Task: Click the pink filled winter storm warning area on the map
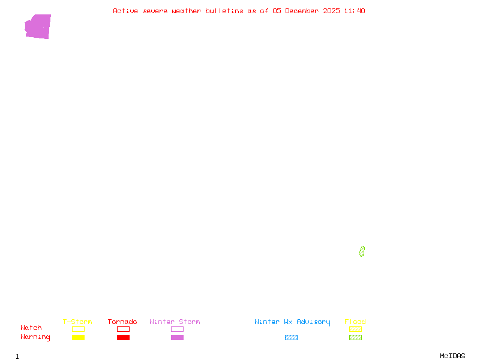(38, 26)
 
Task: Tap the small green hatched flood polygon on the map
(362, 251)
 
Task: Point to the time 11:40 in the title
(354, 11)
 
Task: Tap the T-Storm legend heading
(77, 322)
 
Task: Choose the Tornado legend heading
(122, 322)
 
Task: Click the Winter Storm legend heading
(175, 322)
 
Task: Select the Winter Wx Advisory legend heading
(292, 322)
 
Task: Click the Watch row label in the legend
(31, 328)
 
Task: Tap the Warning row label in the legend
(35, 337)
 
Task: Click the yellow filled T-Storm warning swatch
(78, 338)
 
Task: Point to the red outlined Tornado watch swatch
(123, 329)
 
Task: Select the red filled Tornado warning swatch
(123, 338)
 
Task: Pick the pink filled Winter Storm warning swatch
(177, 338)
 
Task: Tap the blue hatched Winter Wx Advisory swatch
(291, 338)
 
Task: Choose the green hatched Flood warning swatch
(355, 338)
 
